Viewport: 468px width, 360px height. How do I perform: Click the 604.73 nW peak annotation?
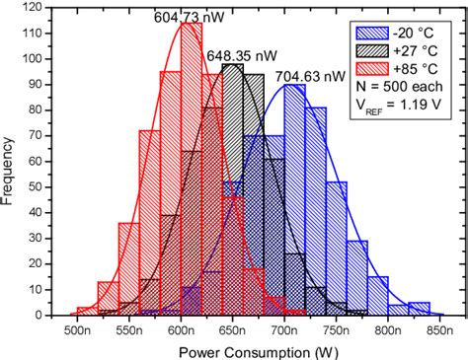pyautogui.click(x=186, y=17)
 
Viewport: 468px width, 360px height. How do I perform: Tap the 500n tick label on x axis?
pyautogui.click(x=78, y=329)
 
